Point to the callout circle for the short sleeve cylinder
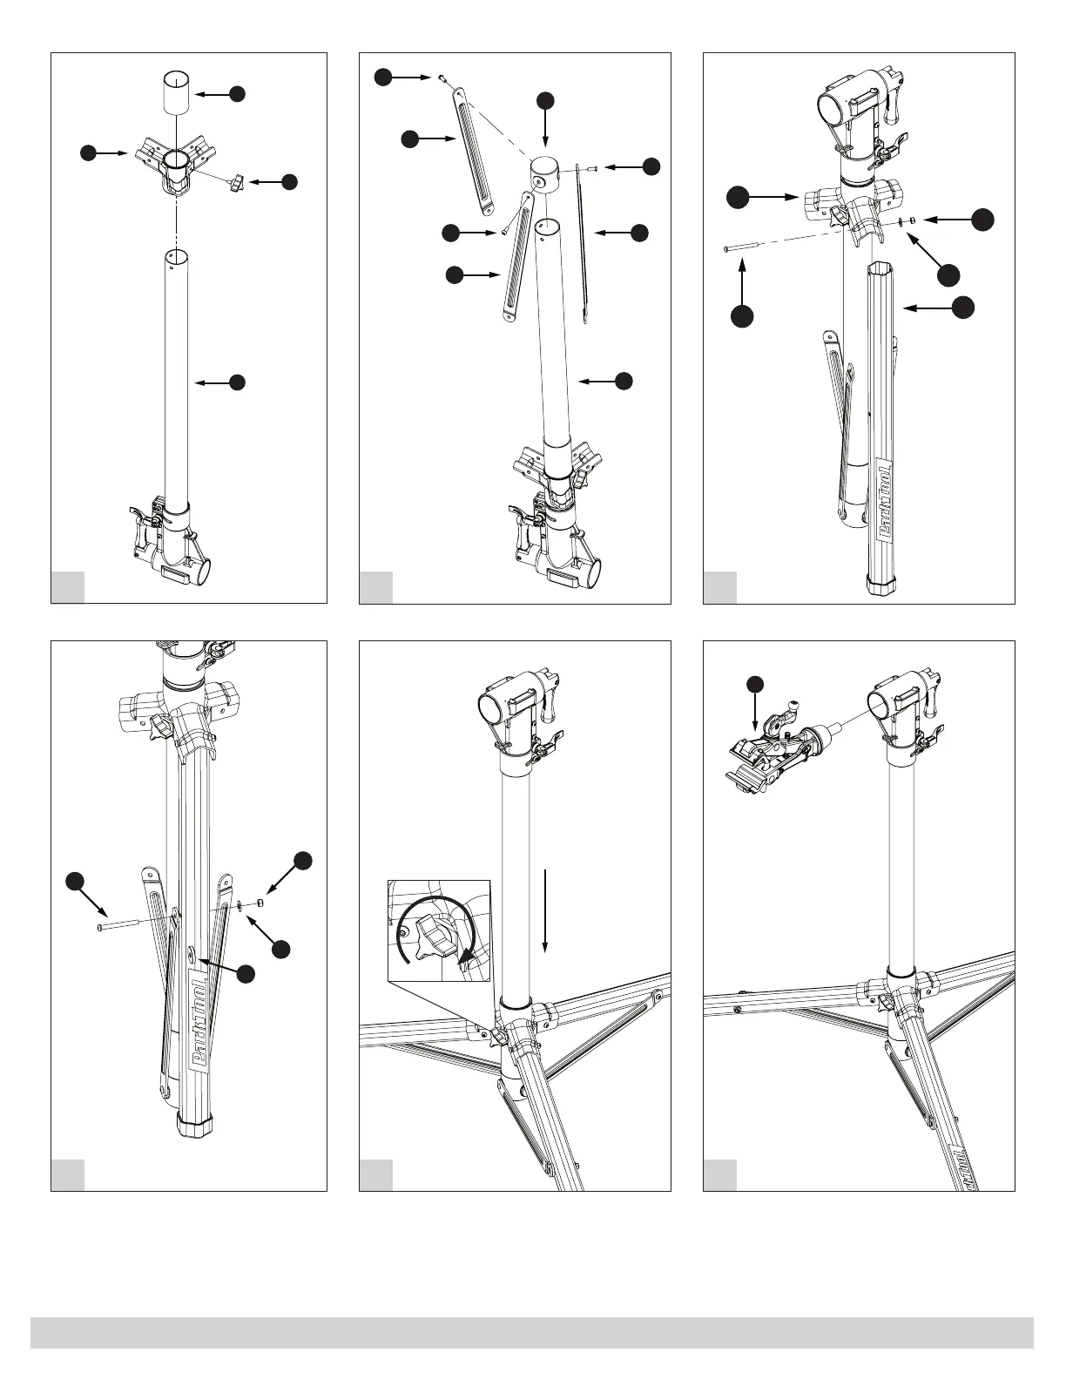pos(236,93)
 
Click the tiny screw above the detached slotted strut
pos(443,79)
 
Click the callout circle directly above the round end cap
pos(545,99)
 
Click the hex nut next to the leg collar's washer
pos(909,221)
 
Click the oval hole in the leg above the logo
pos(191,957)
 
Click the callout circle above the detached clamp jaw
pos(755,683)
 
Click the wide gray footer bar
pos(532,1332)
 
